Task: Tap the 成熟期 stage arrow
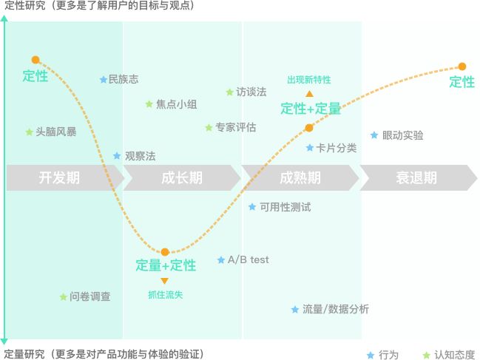pos(300,177)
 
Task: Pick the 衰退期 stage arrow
pos(416,177)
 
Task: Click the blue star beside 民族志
pos(103,79)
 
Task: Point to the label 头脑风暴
pos(56,132)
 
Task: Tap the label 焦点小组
pos(176,104)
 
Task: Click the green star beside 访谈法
pos(229,92)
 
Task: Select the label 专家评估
pos(236,128)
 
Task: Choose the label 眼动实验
pos(403,135)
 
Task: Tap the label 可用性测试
pos(285,207)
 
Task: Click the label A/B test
pos(249,259)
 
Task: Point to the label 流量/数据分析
pos(336,309)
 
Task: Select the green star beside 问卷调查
pos(63,296)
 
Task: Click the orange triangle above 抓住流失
pos(164,281)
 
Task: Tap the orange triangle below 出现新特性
pos(309,94)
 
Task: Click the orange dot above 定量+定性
pos(165,252)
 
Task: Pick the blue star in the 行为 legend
pos(370,355)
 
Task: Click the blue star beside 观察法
pos(117,156)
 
